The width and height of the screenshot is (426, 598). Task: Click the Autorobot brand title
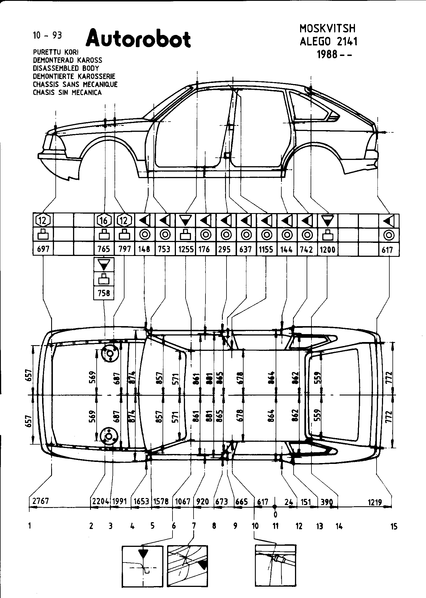138,39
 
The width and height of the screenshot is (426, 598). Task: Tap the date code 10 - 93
47,35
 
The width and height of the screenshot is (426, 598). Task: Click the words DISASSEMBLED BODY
66,68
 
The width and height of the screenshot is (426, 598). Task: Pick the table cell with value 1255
186,249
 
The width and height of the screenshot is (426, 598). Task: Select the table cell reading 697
43,249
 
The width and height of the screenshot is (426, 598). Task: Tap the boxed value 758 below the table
104,293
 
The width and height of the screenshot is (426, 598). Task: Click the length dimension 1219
375,502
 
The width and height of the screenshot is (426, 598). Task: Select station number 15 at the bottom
394,526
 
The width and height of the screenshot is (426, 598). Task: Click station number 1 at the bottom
30,526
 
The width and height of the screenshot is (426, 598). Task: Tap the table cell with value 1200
328,249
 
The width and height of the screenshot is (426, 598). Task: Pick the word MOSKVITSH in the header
327,28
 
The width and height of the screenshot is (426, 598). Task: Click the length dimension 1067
182,501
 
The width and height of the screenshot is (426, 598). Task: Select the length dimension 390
327,502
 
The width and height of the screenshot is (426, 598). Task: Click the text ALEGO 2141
329,41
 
